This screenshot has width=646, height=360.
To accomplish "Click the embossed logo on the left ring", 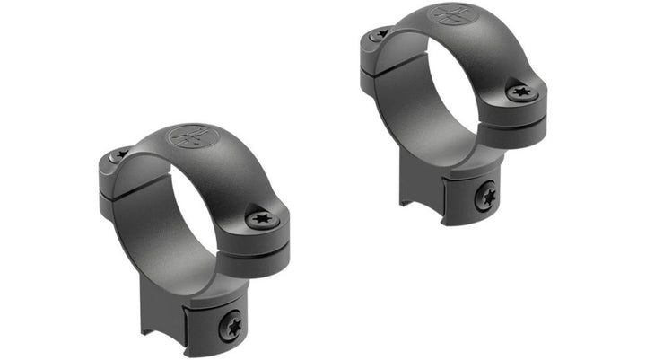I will pos(193,138).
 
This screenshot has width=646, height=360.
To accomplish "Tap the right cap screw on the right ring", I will pos(522,92).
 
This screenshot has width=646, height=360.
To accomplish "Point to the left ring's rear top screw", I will pos(118,155).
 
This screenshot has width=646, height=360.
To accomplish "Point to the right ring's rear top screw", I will pos(379,35).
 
